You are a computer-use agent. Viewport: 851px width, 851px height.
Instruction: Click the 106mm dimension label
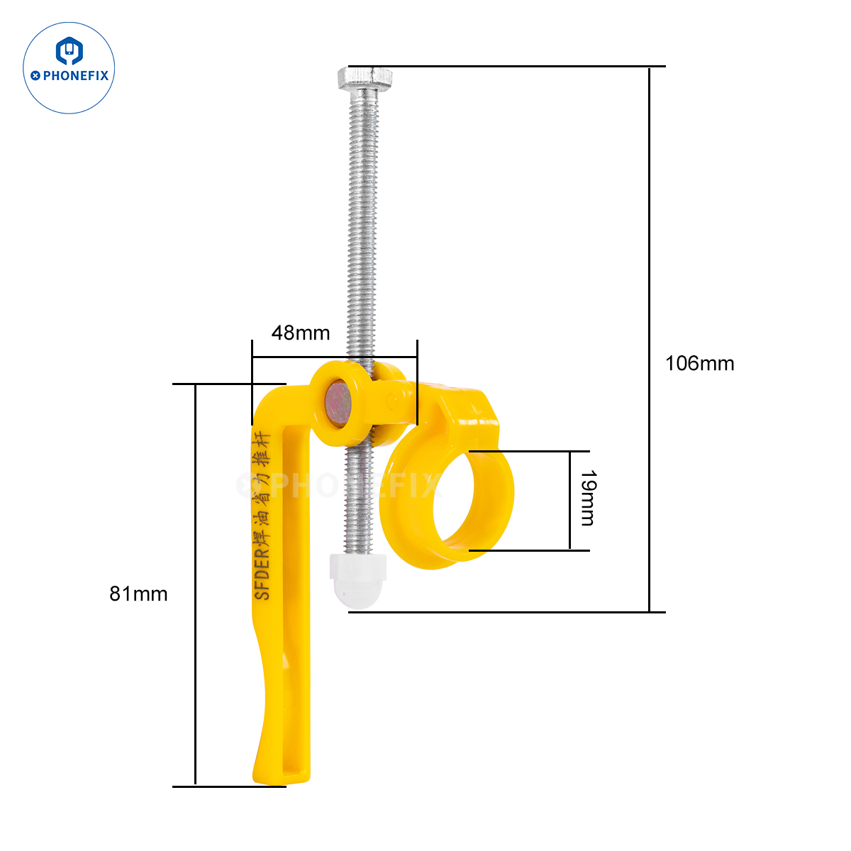point(699,364)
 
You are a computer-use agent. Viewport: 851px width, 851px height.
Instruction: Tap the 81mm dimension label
point(138,594)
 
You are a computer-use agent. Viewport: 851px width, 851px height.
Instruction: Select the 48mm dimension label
point(301,333)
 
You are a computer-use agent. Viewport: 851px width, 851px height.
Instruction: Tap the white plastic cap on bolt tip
point(358,579)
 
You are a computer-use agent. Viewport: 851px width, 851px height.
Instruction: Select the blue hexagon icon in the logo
point(69,51)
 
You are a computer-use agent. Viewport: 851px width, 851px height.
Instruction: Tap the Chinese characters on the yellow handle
point(262,489)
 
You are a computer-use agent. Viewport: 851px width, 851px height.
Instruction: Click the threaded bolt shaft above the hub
point(362,213)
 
